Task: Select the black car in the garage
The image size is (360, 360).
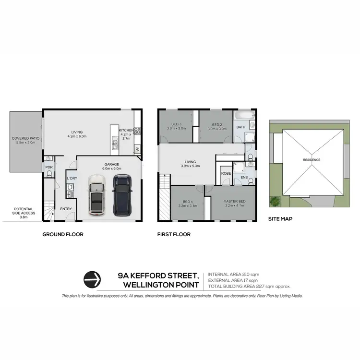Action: (122, 194)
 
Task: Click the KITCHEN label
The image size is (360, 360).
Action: (126, 131)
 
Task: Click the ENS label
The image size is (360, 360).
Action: (244, 178)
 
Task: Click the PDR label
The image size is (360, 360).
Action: (49, 167)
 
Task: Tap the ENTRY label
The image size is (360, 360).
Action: (65, 208)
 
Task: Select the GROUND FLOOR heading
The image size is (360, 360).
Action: (63, 235)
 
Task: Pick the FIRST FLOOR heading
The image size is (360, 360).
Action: (174, 235)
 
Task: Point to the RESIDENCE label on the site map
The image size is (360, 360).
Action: (311, 160)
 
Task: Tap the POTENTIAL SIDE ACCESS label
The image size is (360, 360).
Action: (24, 212)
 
